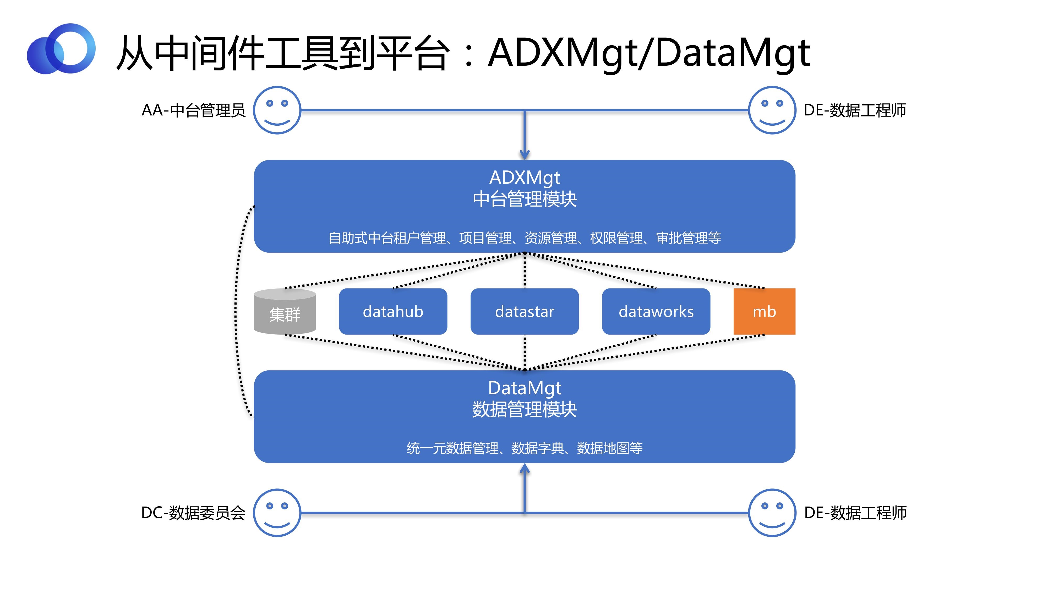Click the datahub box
pos(393,311)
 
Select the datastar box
pos(525,311)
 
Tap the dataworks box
pos(656,311)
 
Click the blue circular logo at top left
pos(61,49)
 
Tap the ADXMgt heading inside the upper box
pos(525,178)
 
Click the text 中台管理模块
pos(525,199)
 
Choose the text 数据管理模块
pos(525,409)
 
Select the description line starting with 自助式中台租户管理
pos(525,238)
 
